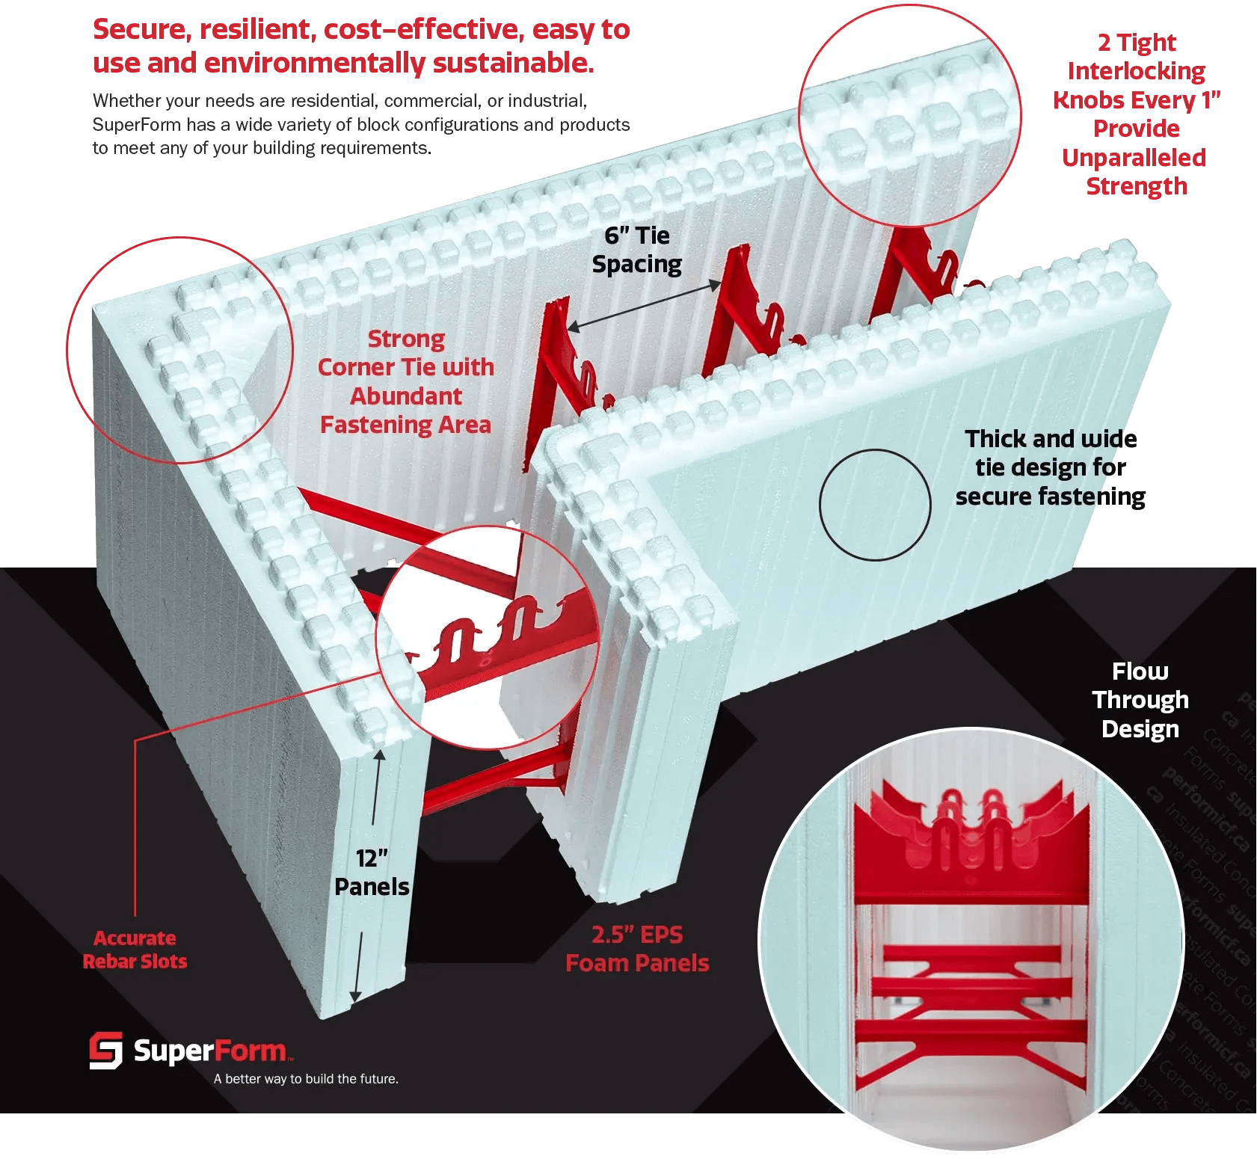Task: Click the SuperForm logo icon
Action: coord(105,1051)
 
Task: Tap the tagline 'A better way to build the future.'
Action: coord(306,1079)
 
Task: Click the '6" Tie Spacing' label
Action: coord(637,250)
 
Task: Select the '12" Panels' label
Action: coord(372,873)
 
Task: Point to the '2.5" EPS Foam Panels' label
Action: coord(637,949)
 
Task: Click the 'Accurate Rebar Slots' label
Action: coord(135,950)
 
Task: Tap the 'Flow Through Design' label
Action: coord(1140,700)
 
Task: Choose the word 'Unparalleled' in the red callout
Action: coord(1134,158)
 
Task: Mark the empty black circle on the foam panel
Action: coord(875,505)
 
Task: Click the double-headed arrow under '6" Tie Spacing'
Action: coord(644,305)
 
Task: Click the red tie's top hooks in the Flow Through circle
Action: coord(971,815)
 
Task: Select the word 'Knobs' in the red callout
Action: coord(1088,100)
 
